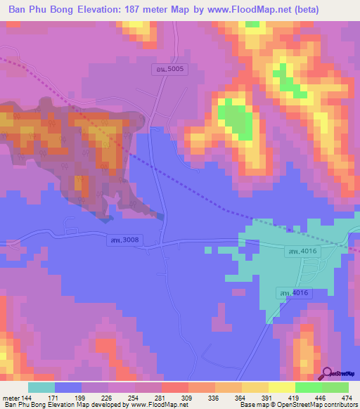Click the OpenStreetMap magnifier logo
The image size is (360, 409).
coord(328,374)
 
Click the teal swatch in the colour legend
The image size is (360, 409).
coord(41,388)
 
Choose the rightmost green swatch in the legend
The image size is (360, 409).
coord(335,388)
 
